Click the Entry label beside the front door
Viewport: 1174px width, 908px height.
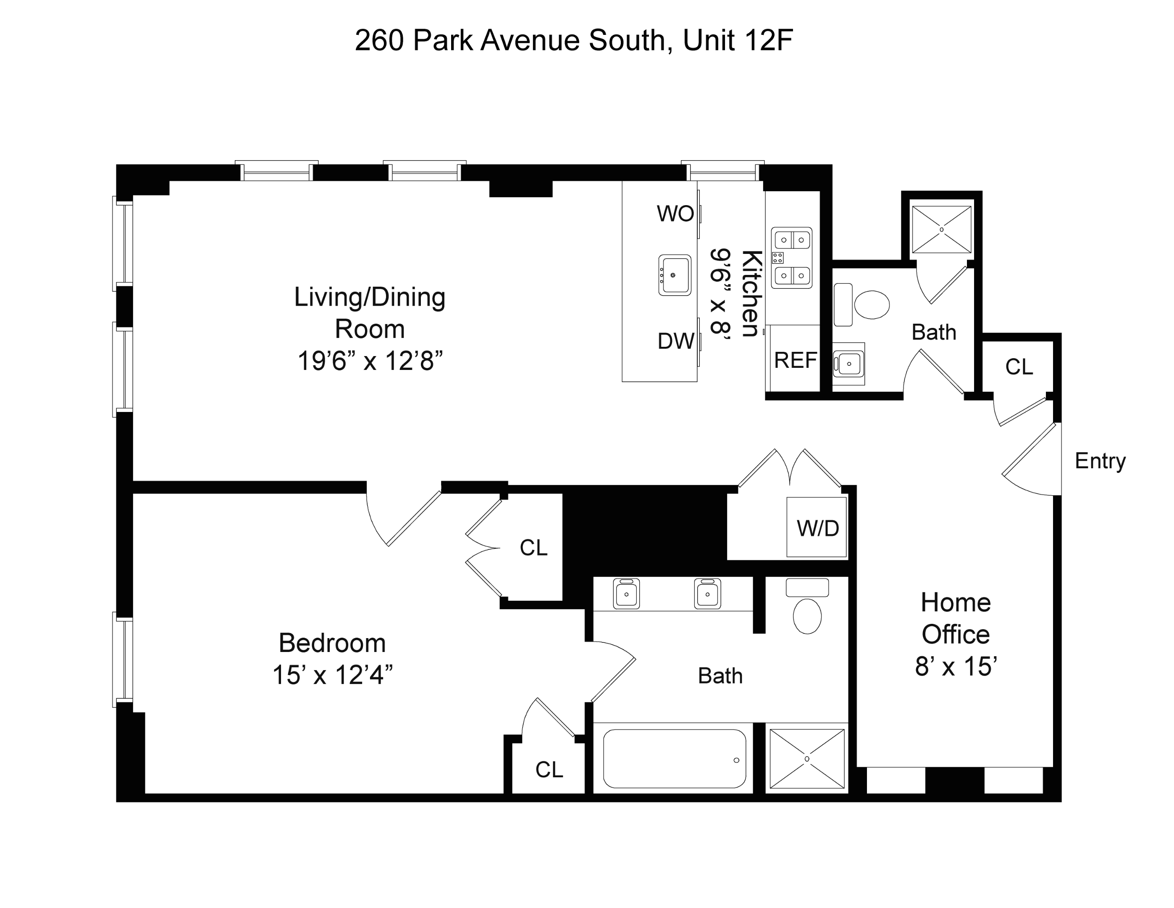pyautogui.click(x=1100, y=461)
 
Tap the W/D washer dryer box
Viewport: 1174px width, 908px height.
pyautogui.click(x=817, y=528)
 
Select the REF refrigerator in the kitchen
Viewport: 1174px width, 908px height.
pyautogui.click(x=795, y=360)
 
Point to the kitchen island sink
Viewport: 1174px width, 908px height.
pyautogui.click(x=675, y=275)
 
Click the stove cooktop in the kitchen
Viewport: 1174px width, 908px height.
pyautogui.click(x=791, y=258)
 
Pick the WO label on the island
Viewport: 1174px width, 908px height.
pyautogui.click(x=675, y=214)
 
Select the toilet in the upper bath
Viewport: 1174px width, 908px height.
pyautogui.click(x=871, y=304)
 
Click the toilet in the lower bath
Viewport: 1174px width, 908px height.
pyautogui.click(x=807, y=615)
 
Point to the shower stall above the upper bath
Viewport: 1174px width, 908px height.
pyautogui.click(x=942, y=230)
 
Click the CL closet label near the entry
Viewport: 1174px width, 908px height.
pyautogui.click(x=1019, y=367)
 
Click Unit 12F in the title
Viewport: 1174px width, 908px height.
pyautogui.click(x=738, y=40)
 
